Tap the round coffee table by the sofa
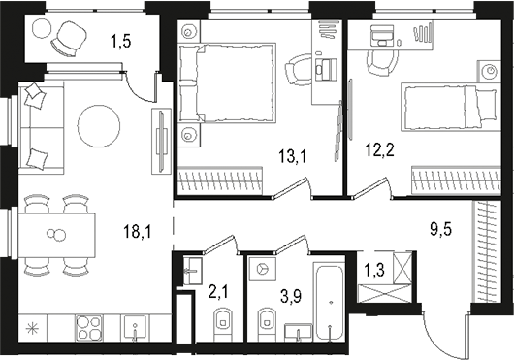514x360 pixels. pyautogui.click(x=99, y=123)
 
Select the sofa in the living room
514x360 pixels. pyautogui.click(x=39, y=126)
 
